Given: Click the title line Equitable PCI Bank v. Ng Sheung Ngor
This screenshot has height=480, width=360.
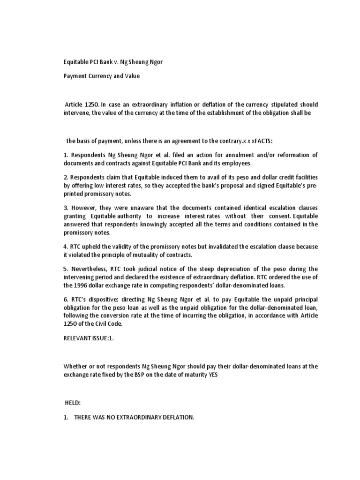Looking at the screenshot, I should click(x=114, y=61).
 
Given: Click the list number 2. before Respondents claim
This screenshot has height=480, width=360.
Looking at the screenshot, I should click(x=66, y=178).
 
